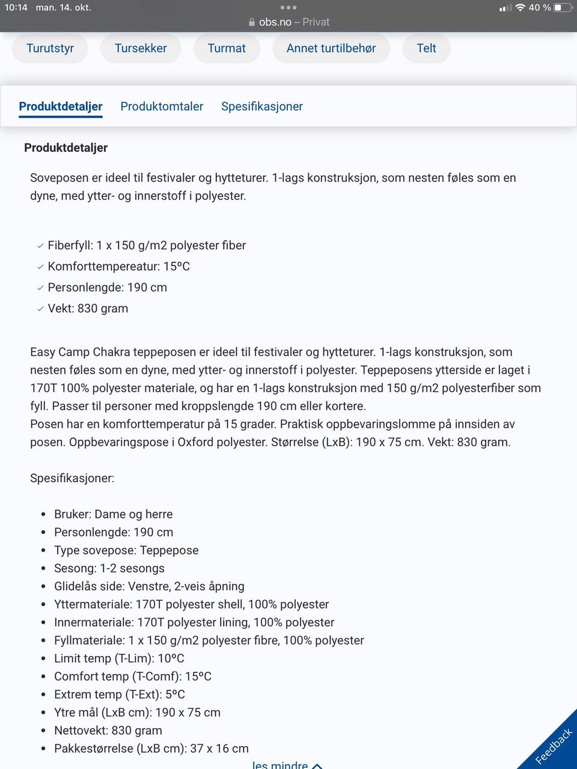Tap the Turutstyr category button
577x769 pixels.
(50, 48)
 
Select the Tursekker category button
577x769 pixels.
(141, 48)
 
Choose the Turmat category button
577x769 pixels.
(227, 48)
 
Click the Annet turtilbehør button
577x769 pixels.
(331, 48)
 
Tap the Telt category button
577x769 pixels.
(426, 48)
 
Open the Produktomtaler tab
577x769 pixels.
(162, 106)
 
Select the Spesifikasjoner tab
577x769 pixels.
(261, 106)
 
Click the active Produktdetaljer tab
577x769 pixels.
(61, 106)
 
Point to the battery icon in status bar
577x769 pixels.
(562, 8)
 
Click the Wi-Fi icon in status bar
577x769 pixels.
(520, 8)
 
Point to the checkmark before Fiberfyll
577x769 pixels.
(40, 246)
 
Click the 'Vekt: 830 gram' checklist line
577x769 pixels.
(88, 308)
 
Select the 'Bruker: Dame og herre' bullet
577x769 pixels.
(113, 514)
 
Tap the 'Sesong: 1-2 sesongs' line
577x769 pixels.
(109, 568)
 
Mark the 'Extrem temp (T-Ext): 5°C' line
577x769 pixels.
(119, 695)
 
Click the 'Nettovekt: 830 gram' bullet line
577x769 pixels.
(108, 731)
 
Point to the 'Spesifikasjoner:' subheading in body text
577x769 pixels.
(72, 478)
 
